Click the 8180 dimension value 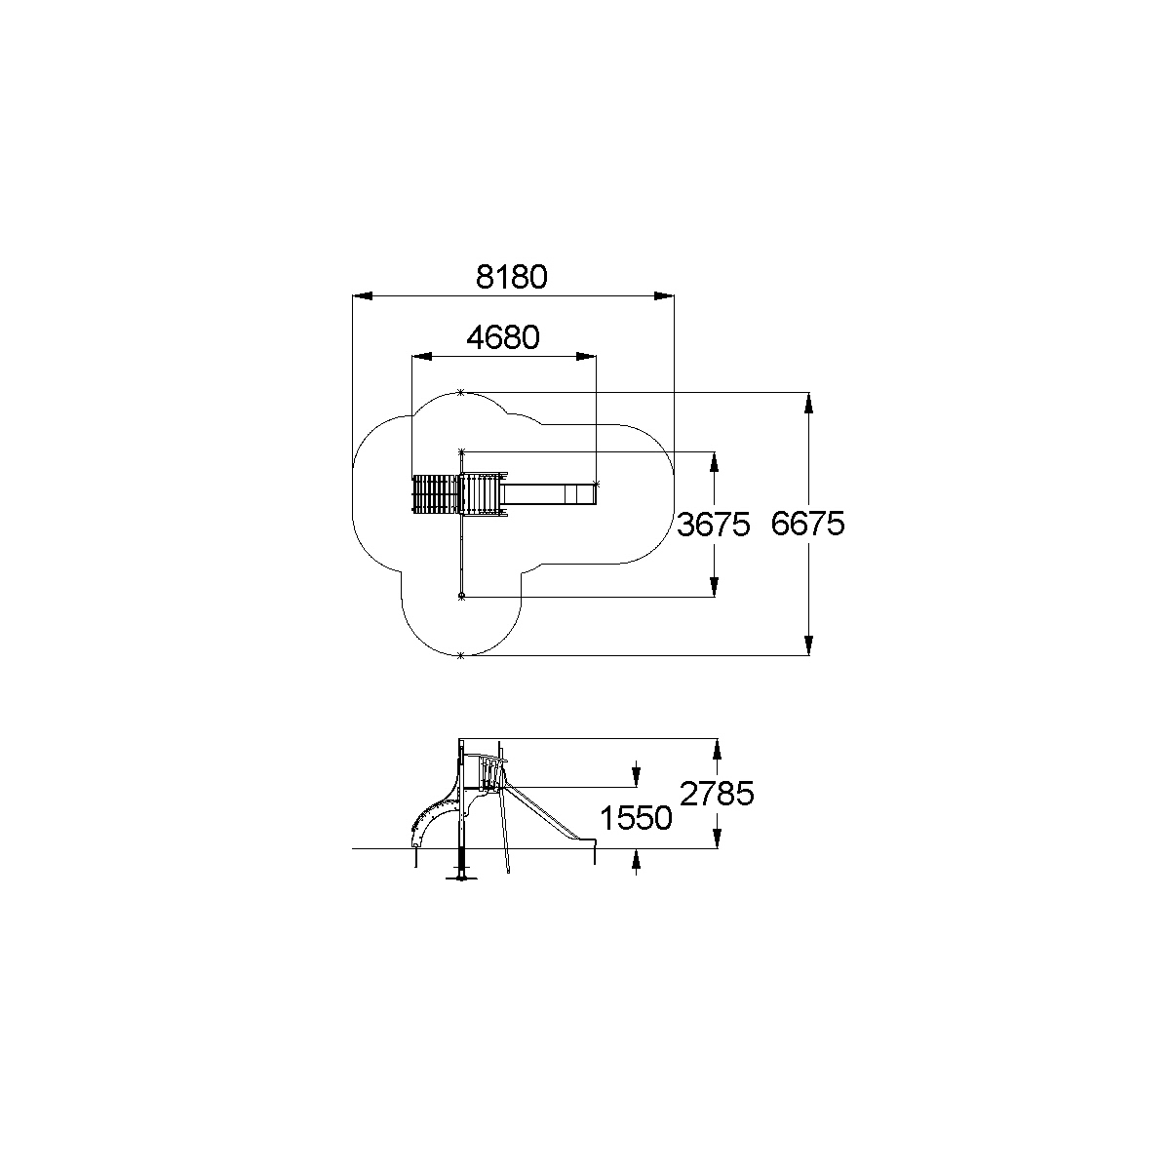point(511,277)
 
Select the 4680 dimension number point(503,337)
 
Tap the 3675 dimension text point(714,525)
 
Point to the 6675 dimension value point(807,524)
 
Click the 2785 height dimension point(717,793)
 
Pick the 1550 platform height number point(636,818)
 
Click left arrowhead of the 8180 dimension point(363,296)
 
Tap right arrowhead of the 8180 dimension point(664,296)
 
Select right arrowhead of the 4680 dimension point(586,356)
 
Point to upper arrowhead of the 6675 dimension point(808,403)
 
